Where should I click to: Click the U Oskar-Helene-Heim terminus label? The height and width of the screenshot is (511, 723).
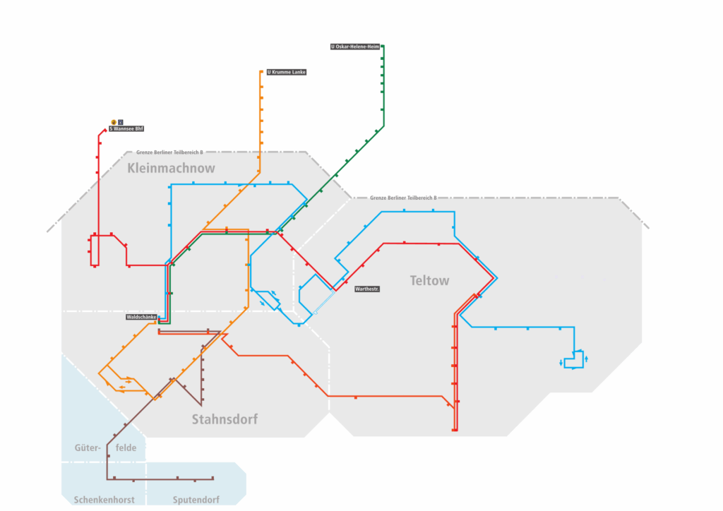click(x=355, y=47)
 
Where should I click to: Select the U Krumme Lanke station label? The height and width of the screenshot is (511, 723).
click(x=286, y=72)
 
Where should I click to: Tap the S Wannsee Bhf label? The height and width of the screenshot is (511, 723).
click(x=126, y=129)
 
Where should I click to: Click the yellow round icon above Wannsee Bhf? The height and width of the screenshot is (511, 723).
click(x=113, y=121)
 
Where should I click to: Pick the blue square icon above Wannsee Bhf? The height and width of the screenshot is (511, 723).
click(x=120, y=121)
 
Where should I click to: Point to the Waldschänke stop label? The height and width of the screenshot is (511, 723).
click(x=141, y=318)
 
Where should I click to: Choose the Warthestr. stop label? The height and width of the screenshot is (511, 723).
click(x=366, y=289)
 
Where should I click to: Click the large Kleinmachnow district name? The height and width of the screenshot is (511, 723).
click(x=172, y=169)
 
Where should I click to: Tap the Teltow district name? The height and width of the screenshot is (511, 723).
click(x=429, y=281)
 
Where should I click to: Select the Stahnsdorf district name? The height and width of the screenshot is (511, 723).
click(x=225, y=419)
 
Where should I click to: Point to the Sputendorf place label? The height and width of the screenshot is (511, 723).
click(x=196, y=500)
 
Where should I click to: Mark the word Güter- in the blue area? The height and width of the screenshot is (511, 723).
click(x=88, y=447)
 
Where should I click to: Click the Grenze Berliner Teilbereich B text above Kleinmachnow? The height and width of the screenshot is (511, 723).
click(x=169, y=152)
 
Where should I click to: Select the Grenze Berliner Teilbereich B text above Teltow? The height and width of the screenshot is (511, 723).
click(x=403, y=198)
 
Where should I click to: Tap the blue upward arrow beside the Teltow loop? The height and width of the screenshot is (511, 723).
click(x=587, y=360)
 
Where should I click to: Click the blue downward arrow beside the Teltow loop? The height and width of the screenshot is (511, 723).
click(x=562, y=363)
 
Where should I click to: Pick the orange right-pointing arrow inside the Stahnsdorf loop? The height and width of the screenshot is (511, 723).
click(x=129, y=381)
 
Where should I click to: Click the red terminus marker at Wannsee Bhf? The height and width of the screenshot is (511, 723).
click(x=104, y=131)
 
